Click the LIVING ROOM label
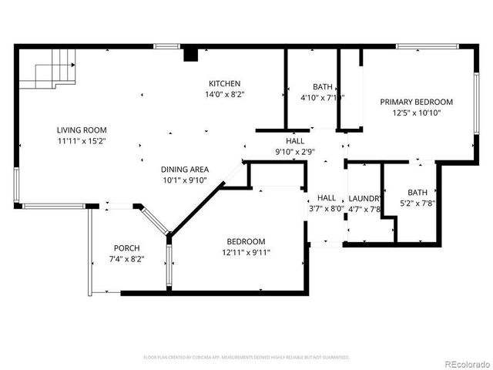[x=81, y=130]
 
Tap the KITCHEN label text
[x=225, y=84]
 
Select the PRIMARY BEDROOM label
[x=417, y=102]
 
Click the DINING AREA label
[x=184, y=170]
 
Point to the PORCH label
[x=127, y=248]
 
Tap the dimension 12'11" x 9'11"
[x=246, y=252]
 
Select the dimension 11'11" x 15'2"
[x=81, y=141]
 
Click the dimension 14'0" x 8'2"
[x=225, y=95]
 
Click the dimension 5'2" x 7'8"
[x=417, y=203]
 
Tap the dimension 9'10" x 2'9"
[x=295, y=153]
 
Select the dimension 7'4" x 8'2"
[x=127, y=259]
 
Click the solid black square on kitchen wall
[x=189, y=54]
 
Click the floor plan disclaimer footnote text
[x=246, y=357]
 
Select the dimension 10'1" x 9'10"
[x=184, y=180]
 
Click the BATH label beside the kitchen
[x=322, y=86]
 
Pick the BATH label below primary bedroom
[x=417, y=193]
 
